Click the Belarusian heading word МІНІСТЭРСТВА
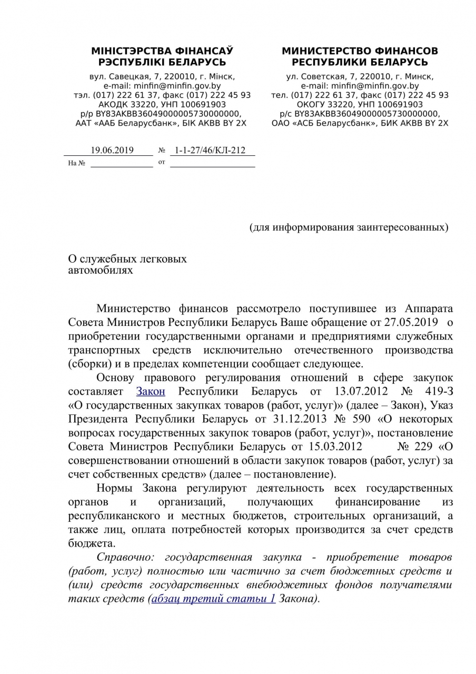click(x=124, y=51)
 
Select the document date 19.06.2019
click(x=112, y=150)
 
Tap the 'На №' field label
click(x=77, y=163)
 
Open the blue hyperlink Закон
click(x=151, y=391)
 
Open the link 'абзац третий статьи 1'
click(x=213, y=599)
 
